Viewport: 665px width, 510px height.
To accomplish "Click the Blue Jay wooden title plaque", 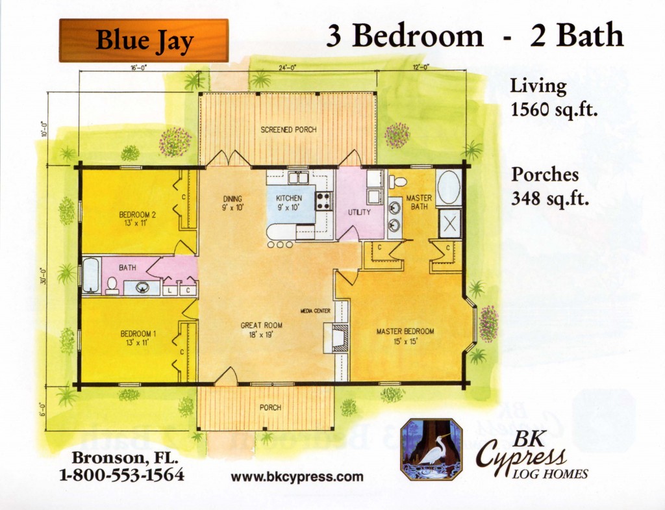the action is [x=144, y=40].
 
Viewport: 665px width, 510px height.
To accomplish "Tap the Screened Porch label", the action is [x=288, y=129].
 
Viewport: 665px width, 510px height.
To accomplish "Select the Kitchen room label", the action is [x=289, y=198].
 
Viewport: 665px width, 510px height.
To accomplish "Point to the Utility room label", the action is [x=359, y=212].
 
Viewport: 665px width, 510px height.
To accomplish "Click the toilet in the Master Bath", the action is [x=397, y=182].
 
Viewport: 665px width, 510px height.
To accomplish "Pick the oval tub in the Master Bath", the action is [x=449, y=188].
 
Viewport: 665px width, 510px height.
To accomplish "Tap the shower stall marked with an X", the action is [x=450, y=223].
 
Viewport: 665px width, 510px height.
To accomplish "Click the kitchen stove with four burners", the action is [x=323, y=201].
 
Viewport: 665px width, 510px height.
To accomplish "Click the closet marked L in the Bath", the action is [x=169, y=290].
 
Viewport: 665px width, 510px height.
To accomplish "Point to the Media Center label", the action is [x=315, y=311].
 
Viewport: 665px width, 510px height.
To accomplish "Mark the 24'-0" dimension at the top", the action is [x=287, y=67].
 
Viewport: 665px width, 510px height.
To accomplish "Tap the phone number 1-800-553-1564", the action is [x=122, y=474].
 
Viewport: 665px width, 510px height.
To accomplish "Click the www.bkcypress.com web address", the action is [x=297, y=476].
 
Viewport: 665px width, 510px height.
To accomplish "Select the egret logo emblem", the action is [x=431, y=450].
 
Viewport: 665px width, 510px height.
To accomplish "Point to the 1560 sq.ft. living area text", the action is [x=554, y=110].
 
